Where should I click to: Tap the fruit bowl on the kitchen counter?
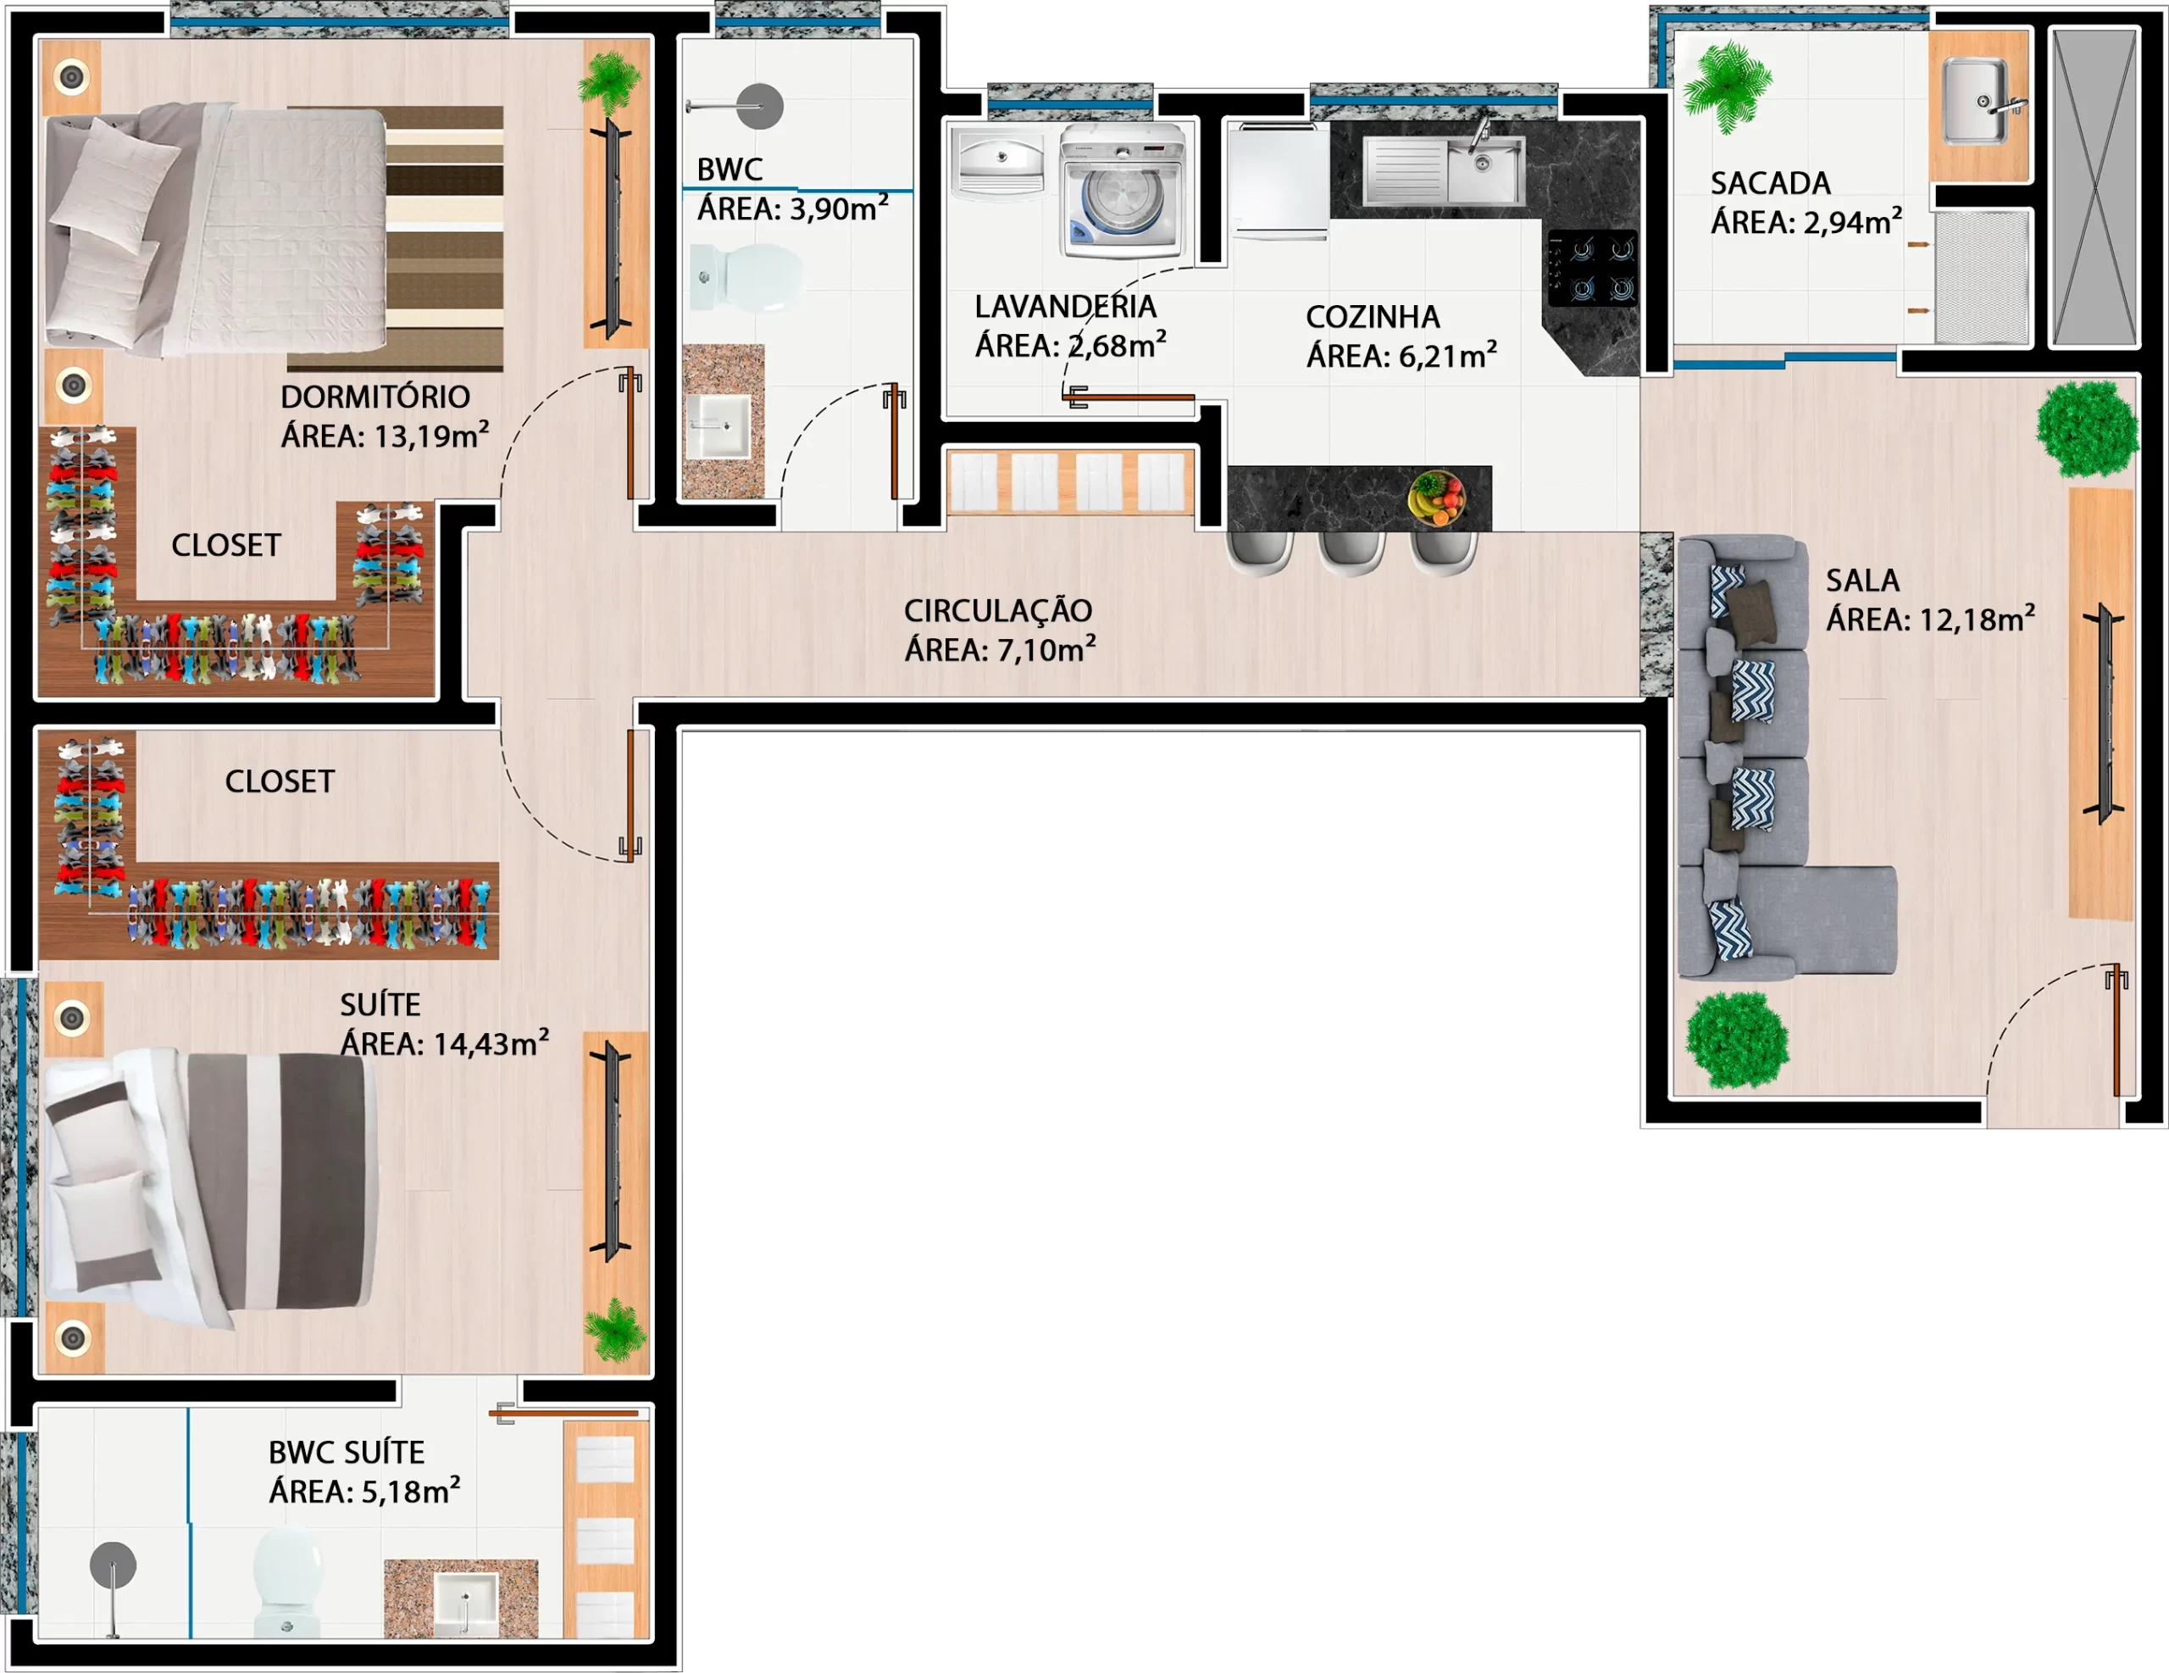click(1436, 497)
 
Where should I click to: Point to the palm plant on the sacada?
click(1727, 87)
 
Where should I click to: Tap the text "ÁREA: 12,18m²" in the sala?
click(1931, 619)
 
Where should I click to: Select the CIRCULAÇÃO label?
click(997, 610)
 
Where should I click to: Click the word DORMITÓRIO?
click(375, 397)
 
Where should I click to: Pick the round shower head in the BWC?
click(760, 106)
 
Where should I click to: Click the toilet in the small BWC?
click(746, 277)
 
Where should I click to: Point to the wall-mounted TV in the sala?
click(2101, 714)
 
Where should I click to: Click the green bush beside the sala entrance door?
click(1737, 1040)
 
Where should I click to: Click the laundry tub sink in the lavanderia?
click(999, 161)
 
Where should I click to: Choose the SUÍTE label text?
click(380, 1004)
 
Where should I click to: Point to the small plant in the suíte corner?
click(616, 1329)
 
